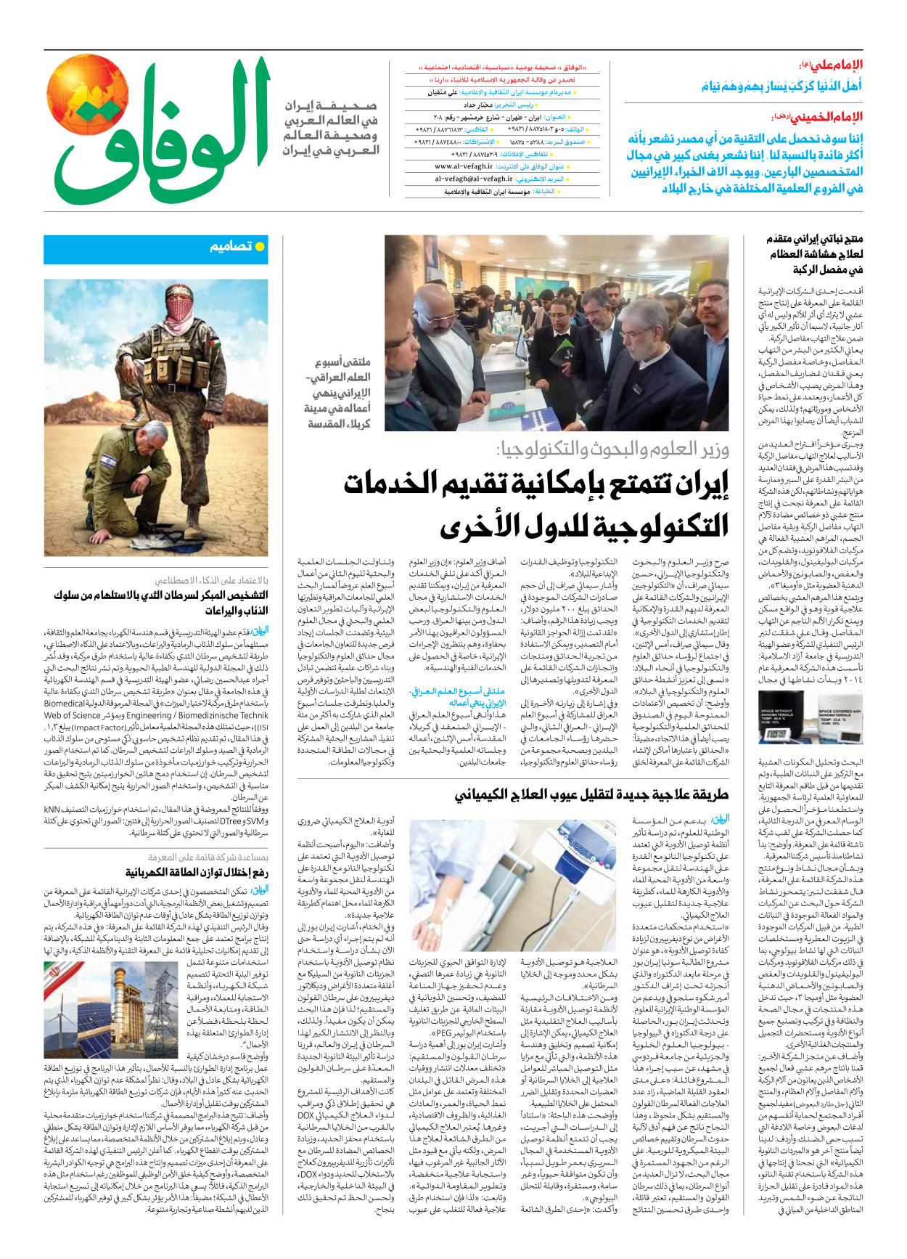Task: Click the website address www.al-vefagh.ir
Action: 464,166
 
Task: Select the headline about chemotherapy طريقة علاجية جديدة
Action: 591,794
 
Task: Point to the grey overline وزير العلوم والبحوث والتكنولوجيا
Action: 613,450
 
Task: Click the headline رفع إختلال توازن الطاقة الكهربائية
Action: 196,872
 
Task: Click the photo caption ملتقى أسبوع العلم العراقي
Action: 337,393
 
